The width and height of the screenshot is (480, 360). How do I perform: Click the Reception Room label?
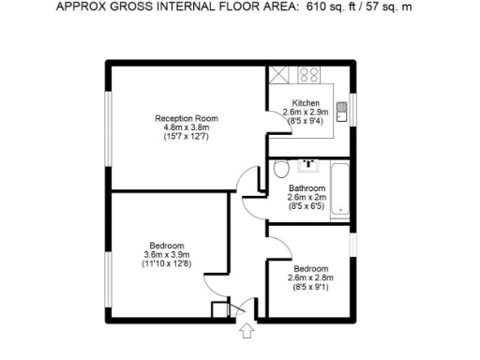click(x=187, y=118)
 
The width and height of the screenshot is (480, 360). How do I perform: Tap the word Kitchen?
click(x=306, y=102)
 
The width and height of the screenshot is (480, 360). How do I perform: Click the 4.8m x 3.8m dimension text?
click(x=187, y=127)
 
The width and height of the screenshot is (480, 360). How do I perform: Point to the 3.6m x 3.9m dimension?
click(x=166, y=254)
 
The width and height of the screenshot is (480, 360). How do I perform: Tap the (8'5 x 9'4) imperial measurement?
click(x=306, y=120)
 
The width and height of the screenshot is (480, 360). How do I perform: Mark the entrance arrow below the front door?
click(x=247, y=330)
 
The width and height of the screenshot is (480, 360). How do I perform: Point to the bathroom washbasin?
click(x=308, y=165)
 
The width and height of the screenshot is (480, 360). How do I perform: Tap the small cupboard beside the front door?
click(x=220, y=310)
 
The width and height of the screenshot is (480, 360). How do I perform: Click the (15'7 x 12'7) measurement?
click(x=187, y=137)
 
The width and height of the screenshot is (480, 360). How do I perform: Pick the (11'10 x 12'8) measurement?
click(x=166, y=263)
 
